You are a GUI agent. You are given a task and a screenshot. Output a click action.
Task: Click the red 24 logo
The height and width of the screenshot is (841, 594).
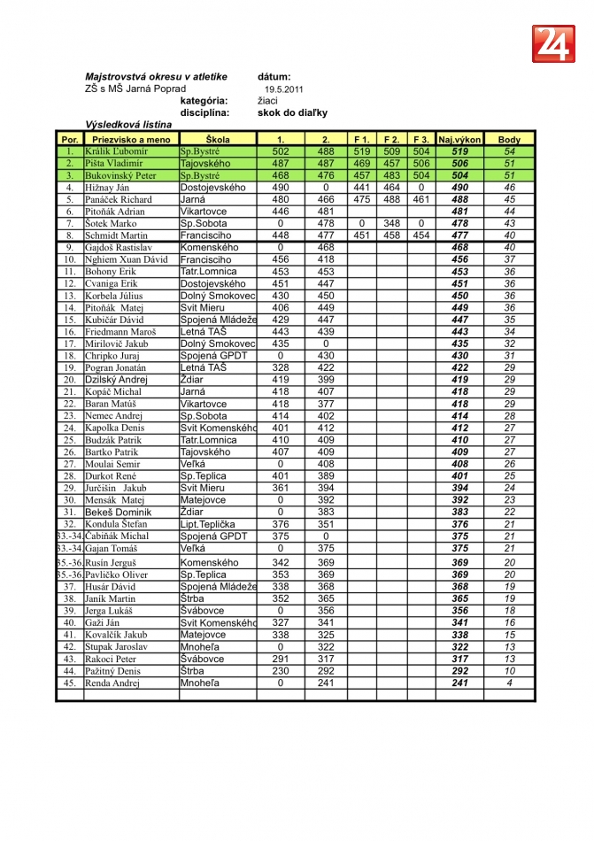pos(553,43)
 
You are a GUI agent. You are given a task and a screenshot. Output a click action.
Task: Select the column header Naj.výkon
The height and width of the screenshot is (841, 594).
pos(459,140)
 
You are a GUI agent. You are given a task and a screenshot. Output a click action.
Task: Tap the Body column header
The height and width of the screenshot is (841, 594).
pos(509,140)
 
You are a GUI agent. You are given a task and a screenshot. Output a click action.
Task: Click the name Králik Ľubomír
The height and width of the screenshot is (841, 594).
pos(116,152)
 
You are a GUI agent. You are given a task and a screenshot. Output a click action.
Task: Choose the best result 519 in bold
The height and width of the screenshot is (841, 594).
pos(459,152)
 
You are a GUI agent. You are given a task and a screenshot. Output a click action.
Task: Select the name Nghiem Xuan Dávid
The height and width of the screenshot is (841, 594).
pos(126,259)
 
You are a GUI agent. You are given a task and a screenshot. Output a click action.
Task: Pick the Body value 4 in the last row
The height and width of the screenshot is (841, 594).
pos(509,683)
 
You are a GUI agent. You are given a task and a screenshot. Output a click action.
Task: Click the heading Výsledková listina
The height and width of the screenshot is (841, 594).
pos(128,125)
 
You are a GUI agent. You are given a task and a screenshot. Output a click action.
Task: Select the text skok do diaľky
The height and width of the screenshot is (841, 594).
pos(292,112)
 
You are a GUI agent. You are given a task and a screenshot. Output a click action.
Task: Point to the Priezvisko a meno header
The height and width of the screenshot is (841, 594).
pos(131,140)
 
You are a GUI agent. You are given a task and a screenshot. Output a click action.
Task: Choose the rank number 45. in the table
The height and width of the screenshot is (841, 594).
pos(69,683)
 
